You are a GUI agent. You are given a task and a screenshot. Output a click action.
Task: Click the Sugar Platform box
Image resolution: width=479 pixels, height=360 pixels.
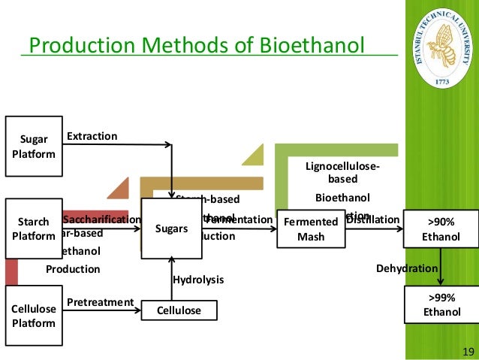coord(33,147)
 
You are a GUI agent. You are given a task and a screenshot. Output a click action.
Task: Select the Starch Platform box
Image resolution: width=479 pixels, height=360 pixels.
coord(33,228)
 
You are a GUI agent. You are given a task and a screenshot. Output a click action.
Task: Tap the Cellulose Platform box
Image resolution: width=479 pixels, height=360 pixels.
coord(33,316)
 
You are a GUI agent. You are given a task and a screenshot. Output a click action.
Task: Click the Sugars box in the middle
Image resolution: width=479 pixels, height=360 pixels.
coord(171,228)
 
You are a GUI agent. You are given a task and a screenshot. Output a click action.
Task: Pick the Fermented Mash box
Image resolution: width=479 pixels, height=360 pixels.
coord(310,228)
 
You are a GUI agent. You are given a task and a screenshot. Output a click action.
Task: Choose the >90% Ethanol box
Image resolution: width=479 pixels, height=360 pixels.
coord(442,228)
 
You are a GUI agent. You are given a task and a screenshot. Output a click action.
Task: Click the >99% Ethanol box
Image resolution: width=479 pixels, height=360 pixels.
coord(442,304)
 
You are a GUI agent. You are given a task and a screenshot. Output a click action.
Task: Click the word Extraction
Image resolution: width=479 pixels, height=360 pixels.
coord(92,136)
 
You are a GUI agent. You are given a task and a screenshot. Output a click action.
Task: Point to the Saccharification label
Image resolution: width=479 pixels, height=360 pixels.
coord(102,219)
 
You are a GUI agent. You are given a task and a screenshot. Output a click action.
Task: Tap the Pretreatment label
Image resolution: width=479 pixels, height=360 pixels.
coord(100,302)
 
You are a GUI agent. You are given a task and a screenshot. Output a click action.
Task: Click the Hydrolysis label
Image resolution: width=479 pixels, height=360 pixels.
coord(199,279)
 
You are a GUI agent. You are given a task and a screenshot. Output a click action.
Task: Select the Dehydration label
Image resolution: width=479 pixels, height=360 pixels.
coord(406,268)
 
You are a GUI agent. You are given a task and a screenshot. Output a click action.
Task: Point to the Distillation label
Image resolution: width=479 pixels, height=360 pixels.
coord(372,219)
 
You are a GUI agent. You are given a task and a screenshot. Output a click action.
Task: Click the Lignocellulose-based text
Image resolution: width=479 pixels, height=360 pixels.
coord(342,172)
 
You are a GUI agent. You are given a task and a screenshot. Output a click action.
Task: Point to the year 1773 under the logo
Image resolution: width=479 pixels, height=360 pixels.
coord(442,77)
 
